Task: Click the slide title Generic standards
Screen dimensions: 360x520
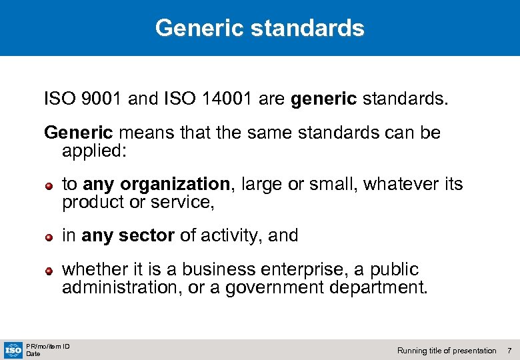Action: (259, 28)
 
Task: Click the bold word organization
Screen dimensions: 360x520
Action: (175, 184)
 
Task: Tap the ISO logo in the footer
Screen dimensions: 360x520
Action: (13, 349)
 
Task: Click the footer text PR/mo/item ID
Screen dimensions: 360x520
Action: (48, 346)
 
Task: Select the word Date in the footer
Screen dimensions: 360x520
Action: (33, 354)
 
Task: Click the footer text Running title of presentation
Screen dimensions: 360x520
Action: (446, 351)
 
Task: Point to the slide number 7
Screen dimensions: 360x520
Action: (509, 351)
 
